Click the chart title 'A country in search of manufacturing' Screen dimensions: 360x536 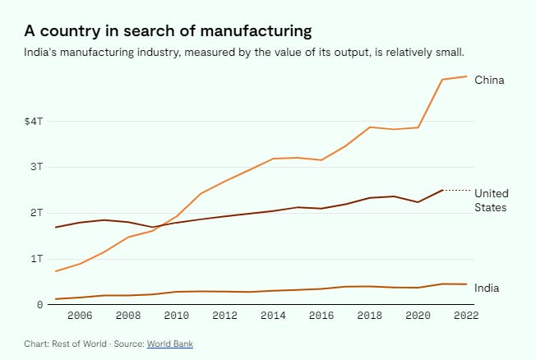168,31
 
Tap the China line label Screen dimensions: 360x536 489,80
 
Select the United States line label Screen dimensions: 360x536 491,200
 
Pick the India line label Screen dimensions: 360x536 486,288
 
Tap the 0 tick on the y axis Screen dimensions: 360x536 39,305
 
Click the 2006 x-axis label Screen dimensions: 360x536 80,315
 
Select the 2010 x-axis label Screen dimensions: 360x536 176,315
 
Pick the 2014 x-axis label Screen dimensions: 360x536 273,315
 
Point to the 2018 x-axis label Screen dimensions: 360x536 369,315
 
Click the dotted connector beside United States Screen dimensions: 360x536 457,190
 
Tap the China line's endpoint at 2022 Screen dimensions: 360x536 467,76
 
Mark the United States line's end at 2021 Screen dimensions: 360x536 443,190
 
